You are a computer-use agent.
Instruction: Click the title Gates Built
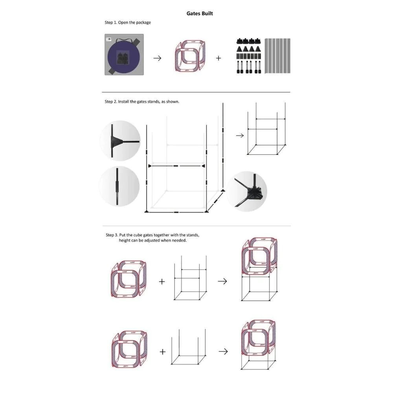click(200, 13)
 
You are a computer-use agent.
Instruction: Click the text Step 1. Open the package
click(128, 22)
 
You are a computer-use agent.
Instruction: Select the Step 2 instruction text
click(142, 101)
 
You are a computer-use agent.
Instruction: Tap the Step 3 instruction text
click(152, 238)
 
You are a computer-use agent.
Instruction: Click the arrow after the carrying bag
click(158, 58)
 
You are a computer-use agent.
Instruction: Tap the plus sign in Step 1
click(219, 58)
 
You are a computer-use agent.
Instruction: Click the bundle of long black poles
click(277, 56)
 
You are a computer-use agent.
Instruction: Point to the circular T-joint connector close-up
click(120, 141)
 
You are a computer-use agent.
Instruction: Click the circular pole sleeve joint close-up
click(119, 186)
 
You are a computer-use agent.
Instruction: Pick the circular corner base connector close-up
click(247, 191)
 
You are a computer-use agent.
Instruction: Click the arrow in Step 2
click(240, 136)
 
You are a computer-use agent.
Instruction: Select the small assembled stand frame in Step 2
click(266, 129)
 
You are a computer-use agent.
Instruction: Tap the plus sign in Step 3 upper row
click(162, 281)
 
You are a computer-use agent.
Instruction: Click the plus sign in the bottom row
click(163, 352)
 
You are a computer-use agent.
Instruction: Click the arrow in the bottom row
click(223, 351)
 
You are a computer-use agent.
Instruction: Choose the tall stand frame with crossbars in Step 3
click(191, 278)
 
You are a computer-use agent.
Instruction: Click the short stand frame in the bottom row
click(189, 347)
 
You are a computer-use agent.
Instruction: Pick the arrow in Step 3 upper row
click(222, 281)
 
